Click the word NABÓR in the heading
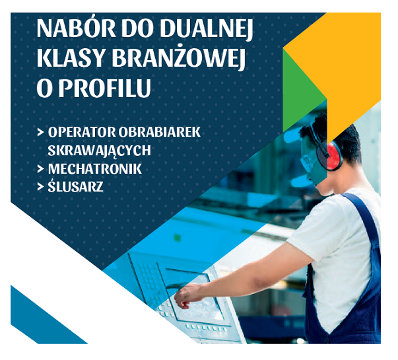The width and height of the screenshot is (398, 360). pyautogui.click(x=76, y=28)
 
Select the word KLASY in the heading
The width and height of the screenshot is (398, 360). pyautogui.click(x=71, y=58)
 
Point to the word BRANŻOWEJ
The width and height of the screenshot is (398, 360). pyautogui.click(x=179, y=57)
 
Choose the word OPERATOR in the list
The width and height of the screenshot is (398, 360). pyautogui.click(x=82, y=132)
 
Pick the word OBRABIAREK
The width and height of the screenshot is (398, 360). pyautogui.click(x=160, y=132)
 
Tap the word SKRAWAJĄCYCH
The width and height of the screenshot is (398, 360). pyautogui.click(x=99, y=151)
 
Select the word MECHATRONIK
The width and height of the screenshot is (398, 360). pyautogui.click(x=94, y=169)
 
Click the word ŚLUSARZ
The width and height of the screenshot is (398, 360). pyautogui.click(x=75, y=186)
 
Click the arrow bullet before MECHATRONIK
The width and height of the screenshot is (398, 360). pyautogui.click(x=41, y=169)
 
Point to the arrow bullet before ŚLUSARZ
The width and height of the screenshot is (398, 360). pyautogui.click(x=41, y=187)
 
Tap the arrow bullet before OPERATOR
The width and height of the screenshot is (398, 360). pyautogui.click(x=41, y=132)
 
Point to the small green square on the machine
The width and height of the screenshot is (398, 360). pyautogui.click(x=178, y=238)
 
